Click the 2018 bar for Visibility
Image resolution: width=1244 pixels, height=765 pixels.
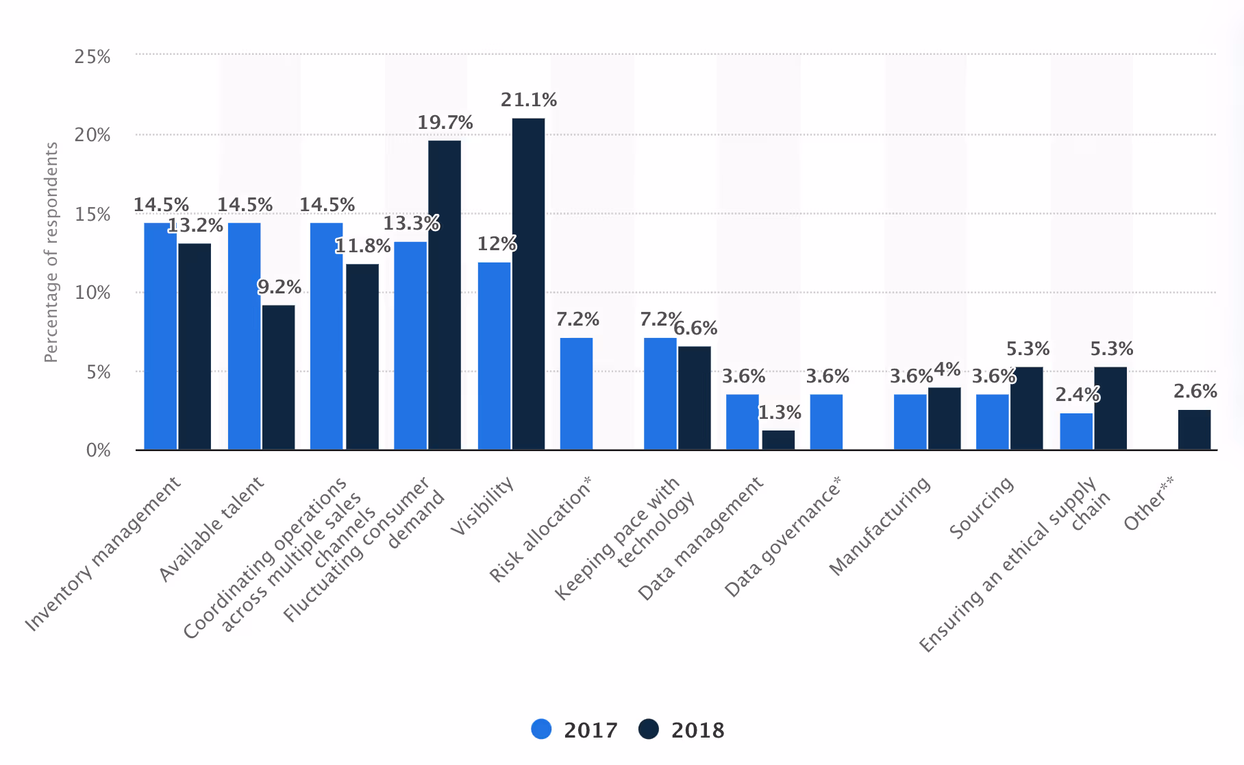[x=528, y=284]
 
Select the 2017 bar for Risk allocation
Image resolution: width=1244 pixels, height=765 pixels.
[x=576, y=393]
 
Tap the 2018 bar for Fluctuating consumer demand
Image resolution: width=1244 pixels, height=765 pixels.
[x=445, y=295]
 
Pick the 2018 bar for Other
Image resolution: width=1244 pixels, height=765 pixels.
[x=1194, y=430]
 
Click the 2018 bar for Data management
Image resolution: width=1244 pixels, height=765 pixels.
[x=778, y=440]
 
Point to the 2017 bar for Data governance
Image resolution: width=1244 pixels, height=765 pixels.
[x=826, y=422]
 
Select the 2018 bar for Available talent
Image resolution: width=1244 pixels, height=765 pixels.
[x=278, y=377]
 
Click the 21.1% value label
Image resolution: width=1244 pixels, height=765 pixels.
[x=528, y=100]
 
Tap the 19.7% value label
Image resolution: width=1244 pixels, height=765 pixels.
[x=445, y=123]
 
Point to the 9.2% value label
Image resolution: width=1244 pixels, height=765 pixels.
[x=279, y=287]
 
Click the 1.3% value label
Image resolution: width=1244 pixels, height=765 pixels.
[x=780, y=413]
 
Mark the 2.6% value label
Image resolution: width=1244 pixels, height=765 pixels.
[x=1195, y=391]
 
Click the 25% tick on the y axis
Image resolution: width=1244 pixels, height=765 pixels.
[x=92, y=56]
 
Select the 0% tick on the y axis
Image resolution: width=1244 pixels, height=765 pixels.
[x=98, y=450]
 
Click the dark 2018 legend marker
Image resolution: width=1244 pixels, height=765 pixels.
[x=648, y=729]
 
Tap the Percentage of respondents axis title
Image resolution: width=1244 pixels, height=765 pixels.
[x=51, y=252]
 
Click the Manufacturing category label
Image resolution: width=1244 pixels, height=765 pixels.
[x=881, y=525]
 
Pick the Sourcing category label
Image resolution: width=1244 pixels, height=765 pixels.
[x=982, y=507]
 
